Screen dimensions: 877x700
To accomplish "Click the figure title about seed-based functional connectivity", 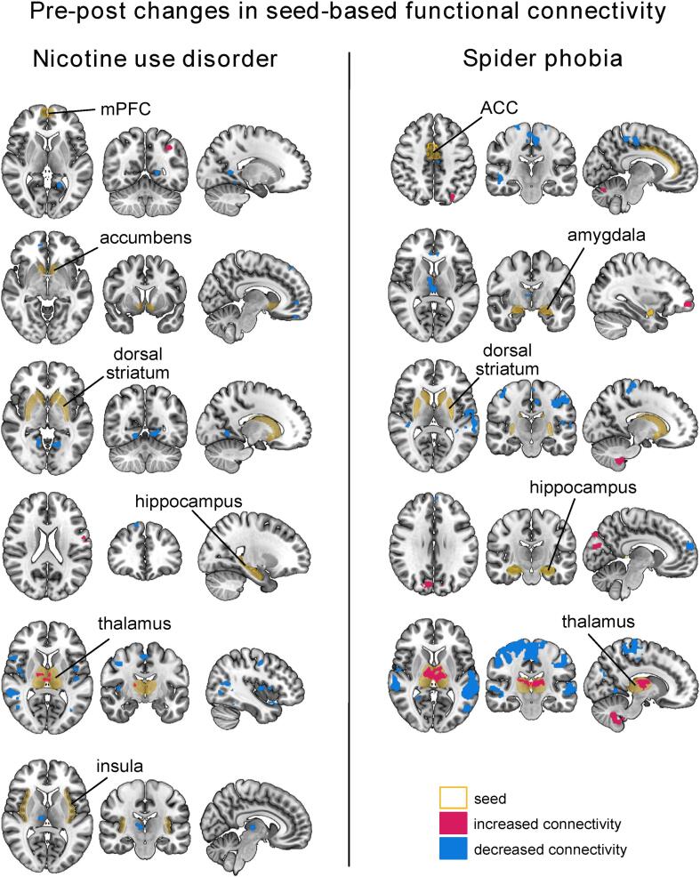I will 350,16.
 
